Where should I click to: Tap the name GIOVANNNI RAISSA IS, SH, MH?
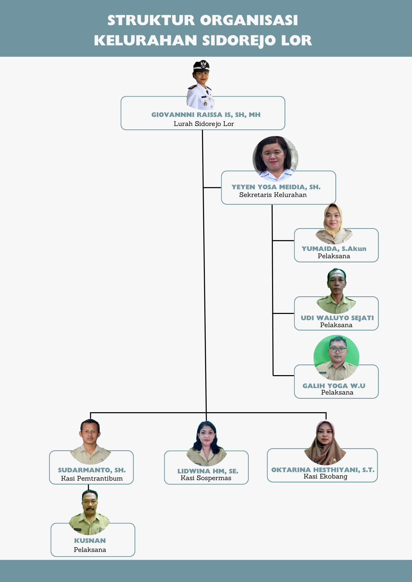coord(206,115)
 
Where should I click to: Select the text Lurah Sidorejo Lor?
coord(204,124)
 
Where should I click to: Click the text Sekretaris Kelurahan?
coord(273,195)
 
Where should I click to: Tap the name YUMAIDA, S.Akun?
coord(334,249)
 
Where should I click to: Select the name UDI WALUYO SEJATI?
coord(337,318)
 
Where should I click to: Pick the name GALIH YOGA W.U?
coord(334,386)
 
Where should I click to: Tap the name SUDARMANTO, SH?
coord(92,470)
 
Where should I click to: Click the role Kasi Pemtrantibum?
coord(92,479)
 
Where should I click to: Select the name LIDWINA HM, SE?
coord(208,471)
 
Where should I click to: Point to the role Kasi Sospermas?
coord(206,478)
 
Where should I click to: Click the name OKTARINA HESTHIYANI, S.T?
coord(323,470)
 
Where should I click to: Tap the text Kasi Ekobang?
coord(325,476)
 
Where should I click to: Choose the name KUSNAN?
coord(90,541)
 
